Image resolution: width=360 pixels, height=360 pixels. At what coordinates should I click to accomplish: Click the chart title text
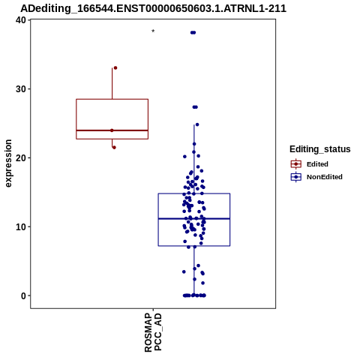click(x=153, y=9)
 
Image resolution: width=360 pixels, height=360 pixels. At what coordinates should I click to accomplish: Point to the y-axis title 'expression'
click(x=8, y=163)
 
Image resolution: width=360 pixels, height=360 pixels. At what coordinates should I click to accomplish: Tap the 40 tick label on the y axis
click(x=21, y=20)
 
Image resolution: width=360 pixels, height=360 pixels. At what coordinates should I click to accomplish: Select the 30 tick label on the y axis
click(x=21, y=89)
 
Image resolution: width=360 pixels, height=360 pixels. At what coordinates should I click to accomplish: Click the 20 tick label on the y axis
click(x=21, y=157)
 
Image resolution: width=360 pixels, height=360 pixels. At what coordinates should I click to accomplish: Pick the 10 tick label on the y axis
click(x=21, y=226)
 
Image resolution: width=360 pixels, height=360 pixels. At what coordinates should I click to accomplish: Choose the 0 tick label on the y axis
click(x=23, y=295)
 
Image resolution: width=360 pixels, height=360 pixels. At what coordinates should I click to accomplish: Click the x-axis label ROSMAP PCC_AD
click(x=153, y=333)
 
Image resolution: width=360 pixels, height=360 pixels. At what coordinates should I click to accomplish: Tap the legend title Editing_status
click(x=320, y=149)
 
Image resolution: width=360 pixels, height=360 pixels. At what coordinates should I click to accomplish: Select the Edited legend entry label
click(x=317, y=164)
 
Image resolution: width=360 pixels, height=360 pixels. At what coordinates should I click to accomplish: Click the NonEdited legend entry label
click(x=325, y=177)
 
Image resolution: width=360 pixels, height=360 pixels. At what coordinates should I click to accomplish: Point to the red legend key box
click(x=296, y=164)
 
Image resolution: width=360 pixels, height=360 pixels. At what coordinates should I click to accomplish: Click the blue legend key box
click(x=296, y=177)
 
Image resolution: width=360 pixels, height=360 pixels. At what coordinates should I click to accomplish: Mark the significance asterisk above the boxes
click(x=153, y=31)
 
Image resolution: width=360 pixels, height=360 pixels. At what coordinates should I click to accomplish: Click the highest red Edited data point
click(x=115, y=67)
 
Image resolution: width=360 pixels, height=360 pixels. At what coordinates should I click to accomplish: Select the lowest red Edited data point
click(x=114, y=148)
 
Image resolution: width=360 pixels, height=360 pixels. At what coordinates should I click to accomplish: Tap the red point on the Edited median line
click(x=112, y=130)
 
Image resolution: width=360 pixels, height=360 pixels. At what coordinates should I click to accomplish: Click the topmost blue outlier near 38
click(x=193, y=32)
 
